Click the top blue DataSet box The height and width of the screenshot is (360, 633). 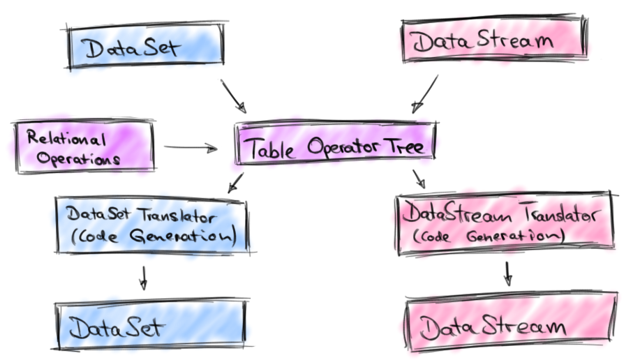click(145, 49)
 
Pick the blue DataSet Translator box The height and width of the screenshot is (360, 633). click(151, 225)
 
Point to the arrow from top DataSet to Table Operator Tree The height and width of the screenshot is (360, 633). click(233, 96)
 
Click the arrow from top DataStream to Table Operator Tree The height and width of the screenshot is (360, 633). click(425, 94)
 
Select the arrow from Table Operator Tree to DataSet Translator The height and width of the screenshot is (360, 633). click(236, 183)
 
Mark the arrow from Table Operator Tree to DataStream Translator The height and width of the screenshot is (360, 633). click(419, 178)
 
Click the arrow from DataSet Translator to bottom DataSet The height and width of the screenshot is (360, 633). click(143, 276)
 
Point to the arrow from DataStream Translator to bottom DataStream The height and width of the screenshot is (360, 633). click(508, 273)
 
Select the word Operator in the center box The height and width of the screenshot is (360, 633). click(337, 149)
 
